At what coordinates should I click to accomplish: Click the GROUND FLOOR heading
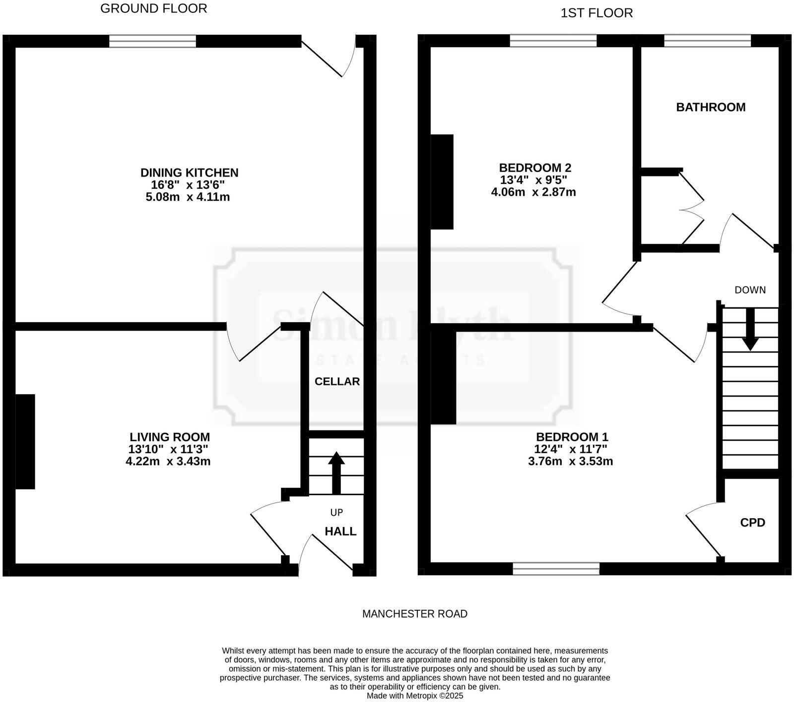153,8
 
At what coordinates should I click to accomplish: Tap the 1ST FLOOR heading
596,13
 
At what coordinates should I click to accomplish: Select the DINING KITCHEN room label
189,173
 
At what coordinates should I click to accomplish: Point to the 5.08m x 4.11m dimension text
187,197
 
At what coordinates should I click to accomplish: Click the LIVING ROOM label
169,437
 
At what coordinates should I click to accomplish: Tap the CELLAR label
337,381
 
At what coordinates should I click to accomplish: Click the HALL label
340,531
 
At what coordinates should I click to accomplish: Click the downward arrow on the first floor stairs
750,329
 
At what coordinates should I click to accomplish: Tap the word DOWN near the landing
750,290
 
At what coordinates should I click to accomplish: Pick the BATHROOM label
711,107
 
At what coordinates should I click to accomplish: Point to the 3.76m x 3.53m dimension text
570,461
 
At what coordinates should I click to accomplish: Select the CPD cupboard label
752,523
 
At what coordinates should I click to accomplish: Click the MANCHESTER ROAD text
414,614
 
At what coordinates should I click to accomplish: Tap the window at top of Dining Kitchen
152,41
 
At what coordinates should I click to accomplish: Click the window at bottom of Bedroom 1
556,568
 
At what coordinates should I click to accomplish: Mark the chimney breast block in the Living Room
25,441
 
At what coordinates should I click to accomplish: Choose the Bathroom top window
707,41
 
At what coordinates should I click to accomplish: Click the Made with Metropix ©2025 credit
414,696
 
